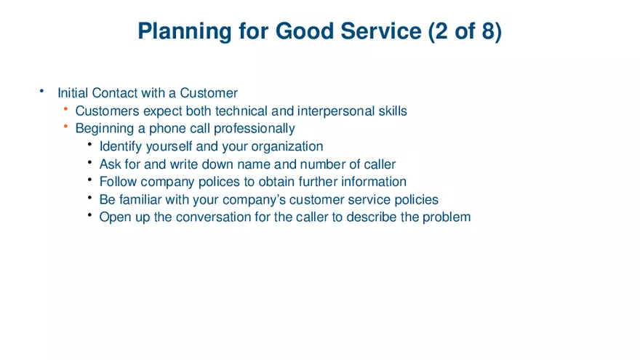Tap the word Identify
click(120, 146)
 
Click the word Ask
click(110, 164)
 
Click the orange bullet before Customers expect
click(65, 111)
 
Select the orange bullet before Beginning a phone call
click(65, 128)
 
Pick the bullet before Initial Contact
click(42, 92)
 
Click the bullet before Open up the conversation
click(89, 216)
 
